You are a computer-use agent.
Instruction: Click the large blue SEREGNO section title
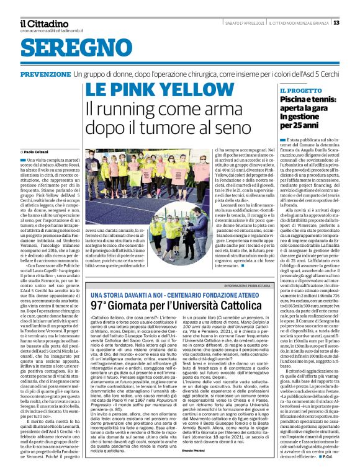point(63,49)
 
